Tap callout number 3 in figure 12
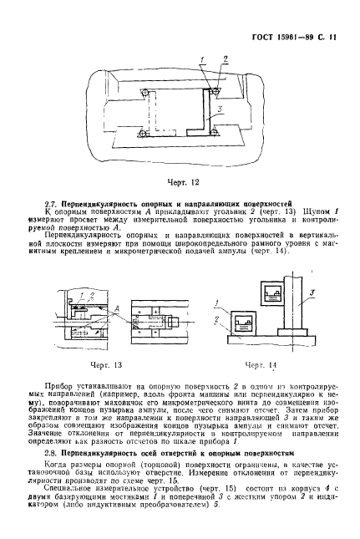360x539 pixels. point(217,109)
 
